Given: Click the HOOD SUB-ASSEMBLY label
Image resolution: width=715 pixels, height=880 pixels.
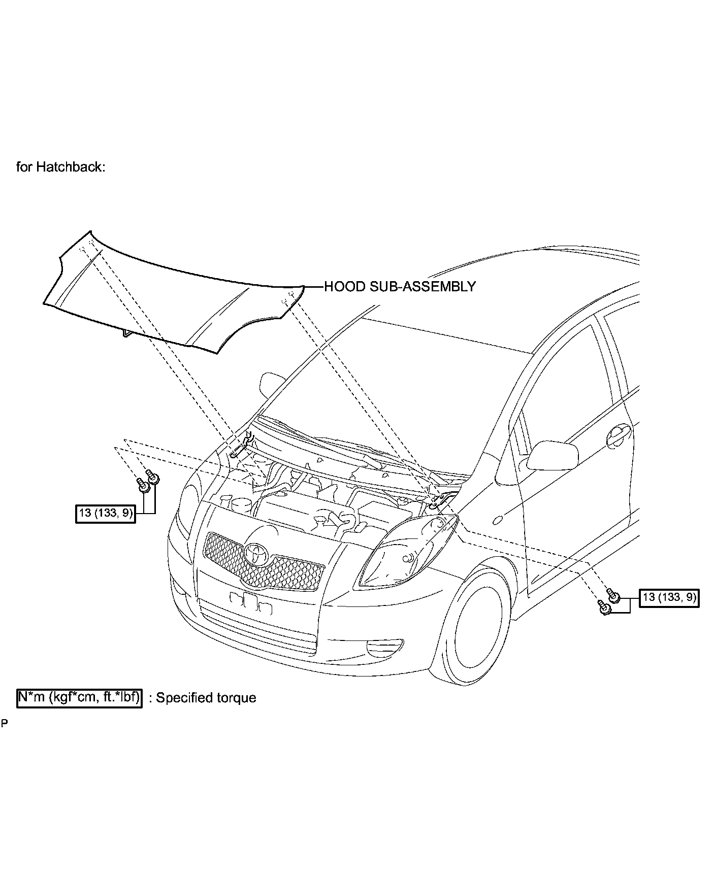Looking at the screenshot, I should point(400,287).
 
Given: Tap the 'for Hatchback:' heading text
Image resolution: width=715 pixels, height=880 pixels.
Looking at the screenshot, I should point(61,167).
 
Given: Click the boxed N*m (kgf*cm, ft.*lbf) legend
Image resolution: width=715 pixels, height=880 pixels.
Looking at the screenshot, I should point(80,697).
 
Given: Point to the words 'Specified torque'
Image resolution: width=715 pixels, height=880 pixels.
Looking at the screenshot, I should point(206,698).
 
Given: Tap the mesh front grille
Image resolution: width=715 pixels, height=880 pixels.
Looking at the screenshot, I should point(264,563).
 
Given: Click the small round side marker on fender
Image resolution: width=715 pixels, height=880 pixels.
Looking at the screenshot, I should point(498,520).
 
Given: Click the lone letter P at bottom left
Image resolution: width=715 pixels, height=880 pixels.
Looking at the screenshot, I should point(4,724).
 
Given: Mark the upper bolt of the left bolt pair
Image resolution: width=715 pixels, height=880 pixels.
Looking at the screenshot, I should point(151,476).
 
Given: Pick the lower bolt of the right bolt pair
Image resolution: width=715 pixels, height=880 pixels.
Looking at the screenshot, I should point(604,608).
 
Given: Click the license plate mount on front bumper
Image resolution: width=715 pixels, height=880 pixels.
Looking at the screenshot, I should point(251,602).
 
